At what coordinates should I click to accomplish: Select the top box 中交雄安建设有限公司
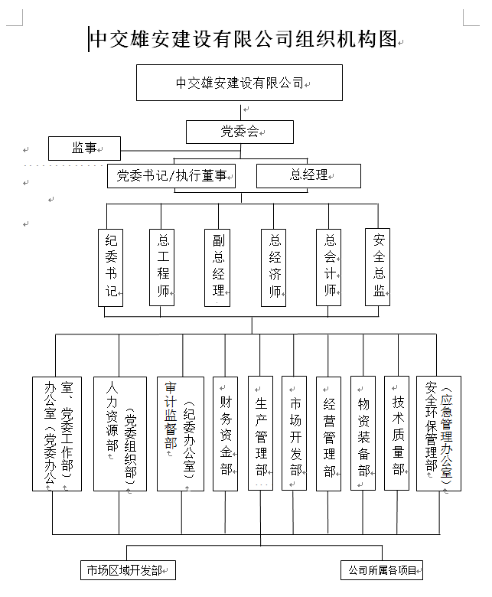(x=239, y=83)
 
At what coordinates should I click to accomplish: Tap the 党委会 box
(x=239, y=132)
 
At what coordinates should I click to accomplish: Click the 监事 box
(x=84, y=148)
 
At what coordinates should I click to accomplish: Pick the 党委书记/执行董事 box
(x=171, y=175)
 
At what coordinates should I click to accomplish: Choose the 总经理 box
(x=308, y=175)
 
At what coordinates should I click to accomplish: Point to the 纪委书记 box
(x=111, y=267)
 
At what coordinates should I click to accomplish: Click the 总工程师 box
(x=162, y=267)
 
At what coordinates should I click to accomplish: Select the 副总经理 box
(x=218, y=267)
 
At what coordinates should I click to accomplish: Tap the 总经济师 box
(x=275, y=267)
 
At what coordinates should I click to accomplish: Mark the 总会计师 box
(x=329, y=267)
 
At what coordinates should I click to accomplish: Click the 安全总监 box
(x=378, y=267)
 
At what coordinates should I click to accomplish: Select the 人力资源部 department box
(x=119, y=433)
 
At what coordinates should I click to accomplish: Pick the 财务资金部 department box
(x=225, y=433)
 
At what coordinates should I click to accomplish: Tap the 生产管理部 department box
(x=260, y=433)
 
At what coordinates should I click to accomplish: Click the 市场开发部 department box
(x=295, y=433)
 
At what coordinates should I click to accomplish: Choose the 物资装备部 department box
(x=363, y=433)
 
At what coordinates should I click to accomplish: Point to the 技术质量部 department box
(x=397, y=433)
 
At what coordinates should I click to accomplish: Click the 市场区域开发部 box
(x=128, y=570)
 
